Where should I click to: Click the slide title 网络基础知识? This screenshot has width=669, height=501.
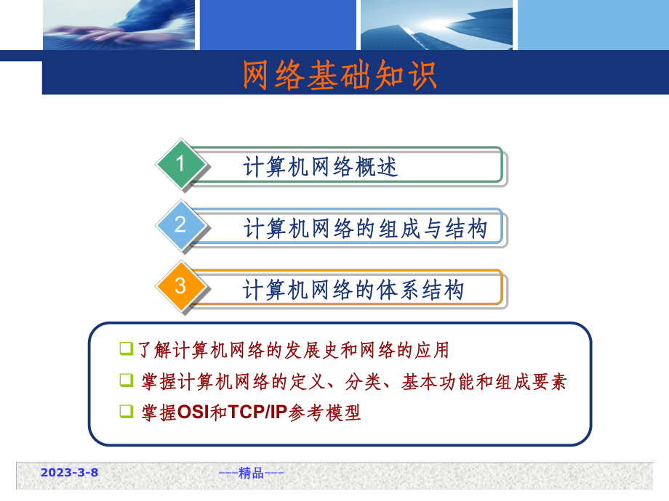tap(339, 76)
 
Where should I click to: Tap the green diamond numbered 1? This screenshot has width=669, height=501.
tap(180, 164)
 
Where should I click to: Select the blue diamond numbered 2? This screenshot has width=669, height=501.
tap(180, 224)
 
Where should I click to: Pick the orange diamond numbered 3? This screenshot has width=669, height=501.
tap(180, 286)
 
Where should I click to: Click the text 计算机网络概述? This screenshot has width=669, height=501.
tap(321, 167)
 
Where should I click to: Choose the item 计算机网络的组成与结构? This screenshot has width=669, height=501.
tap(364, 229)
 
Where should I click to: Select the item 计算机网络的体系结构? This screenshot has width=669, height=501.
tap(353, 290)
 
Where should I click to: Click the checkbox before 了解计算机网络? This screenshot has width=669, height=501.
tap(126, 349)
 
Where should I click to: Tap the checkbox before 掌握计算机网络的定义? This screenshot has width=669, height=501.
tap(126, 380)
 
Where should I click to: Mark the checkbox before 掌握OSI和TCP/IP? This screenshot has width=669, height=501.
tap(126, 412)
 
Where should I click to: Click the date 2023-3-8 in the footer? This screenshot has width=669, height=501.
tap(69, 473)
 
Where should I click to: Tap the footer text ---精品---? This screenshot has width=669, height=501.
tap(251, 473)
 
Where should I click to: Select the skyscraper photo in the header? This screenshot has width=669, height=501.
tap(436, 25)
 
